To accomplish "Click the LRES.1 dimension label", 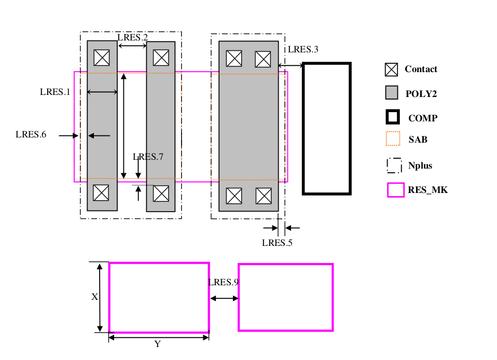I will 54,92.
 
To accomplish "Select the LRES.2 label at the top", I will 132,37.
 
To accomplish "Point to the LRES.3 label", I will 303,50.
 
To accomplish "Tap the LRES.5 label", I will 277,242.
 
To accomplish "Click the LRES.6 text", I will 31,135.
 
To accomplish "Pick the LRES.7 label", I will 148,157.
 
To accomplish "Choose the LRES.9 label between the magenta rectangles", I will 223,283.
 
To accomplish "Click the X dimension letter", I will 94,297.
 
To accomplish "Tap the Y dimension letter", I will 157,344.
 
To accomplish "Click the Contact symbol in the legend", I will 391,70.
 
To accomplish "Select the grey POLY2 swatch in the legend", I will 391,93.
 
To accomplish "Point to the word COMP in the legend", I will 422,118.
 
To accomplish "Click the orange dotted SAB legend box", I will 394,140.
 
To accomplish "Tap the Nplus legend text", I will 420,166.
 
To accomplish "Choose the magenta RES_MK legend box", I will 395,190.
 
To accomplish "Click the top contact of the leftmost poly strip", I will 101,57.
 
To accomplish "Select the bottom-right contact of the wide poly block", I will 264,196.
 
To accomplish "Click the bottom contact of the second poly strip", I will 161,193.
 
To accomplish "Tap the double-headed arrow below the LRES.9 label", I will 224,298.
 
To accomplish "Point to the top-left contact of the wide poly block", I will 234,59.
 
